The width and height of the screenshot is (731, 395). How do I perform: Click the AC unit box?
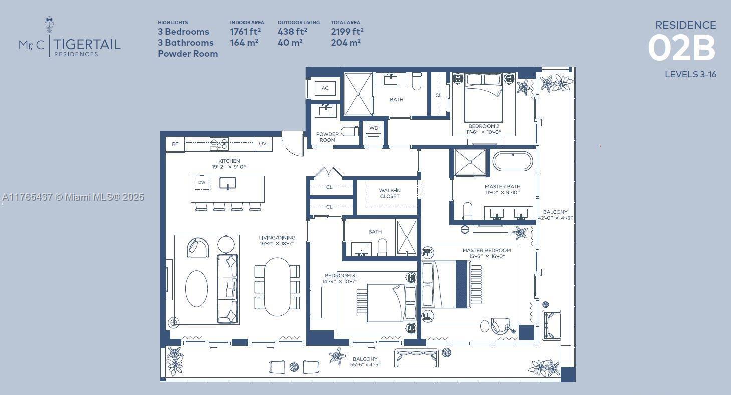click(325, 89)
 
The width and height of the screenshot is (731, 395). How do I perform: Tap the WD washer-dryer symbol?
click(374, 129)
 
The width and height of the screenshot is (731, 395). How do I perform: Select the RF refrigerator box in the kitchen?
click(175, 144)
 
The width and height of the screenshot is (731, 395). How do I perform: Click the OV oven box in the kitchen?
click(262, 144)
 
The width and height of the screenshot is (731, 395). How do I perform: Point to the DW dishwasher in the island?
click(202, 183)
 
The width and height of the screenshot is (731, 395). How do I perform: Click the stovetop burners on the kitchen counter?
click(219, 144)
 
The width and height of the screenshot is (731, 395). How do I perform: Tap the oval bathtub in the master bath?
click(513, 161)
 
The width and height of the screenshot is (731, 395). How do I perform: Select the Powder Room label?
click(327, 137)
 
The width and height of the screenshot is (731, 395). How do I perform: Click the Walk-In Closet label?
click(389, 193)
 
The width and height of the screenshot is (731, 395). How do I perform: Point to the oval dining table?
click(277, 286)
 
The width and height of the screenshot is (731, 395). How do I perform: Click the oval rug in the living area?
click(196, 288)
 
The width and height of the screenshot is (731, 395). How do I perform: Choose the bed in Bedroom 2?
click(483, 98)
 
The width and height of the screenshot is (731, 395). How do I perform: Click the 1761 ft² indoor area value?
click(245, 32)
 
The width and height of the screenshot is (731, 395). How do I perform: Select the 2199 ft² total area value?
click(347, 32)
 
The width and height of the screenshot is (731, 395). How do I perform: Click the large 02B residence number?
click(681, 48)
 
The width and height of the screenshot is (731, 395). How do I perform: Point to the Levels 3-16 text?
click(690, 74)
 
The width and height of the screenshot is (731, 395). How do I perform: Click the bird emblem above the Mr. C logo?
click(49, 25)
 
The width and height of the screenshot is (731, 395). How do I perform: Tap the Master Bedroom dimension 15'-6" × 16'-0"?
click(486, 256)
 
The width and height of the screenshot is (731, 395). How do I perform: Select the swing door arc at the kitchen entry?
click(292, 144)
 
